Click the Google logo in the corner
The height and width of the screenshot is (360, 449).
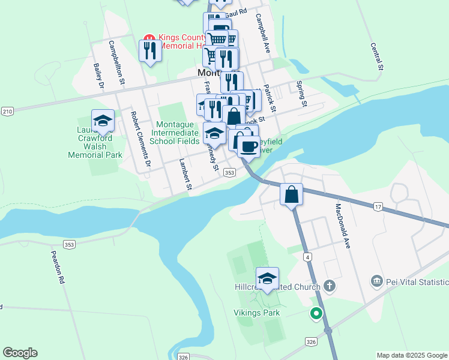pos(20,353)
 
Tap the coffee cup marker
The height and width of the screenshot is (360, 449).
pos(249,145)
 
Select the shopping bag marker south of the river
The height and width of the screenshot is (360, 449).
pos(291,195)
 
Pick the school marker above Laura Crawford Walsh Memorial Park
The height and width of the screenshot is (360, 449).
pos(103,121)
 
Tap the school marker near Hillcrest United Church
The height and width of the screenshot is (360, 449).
pos(267,278)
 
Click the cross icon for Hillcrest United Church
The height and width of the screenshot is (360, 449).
pos(329,286)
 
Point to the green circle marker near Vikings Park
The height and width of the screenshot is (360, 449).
pos(316,313)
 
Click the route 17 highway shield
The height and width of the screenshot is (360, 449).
pos(378,207)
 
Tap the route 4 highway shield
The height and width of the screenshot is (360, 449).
pos(307,257)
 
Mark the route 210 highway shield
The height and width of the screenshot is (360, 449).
pos(7,112)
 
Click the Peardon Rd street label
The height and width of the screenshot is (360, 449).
pos(58,267)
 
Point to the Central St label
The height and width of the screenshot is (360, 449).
pos(376,57)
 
